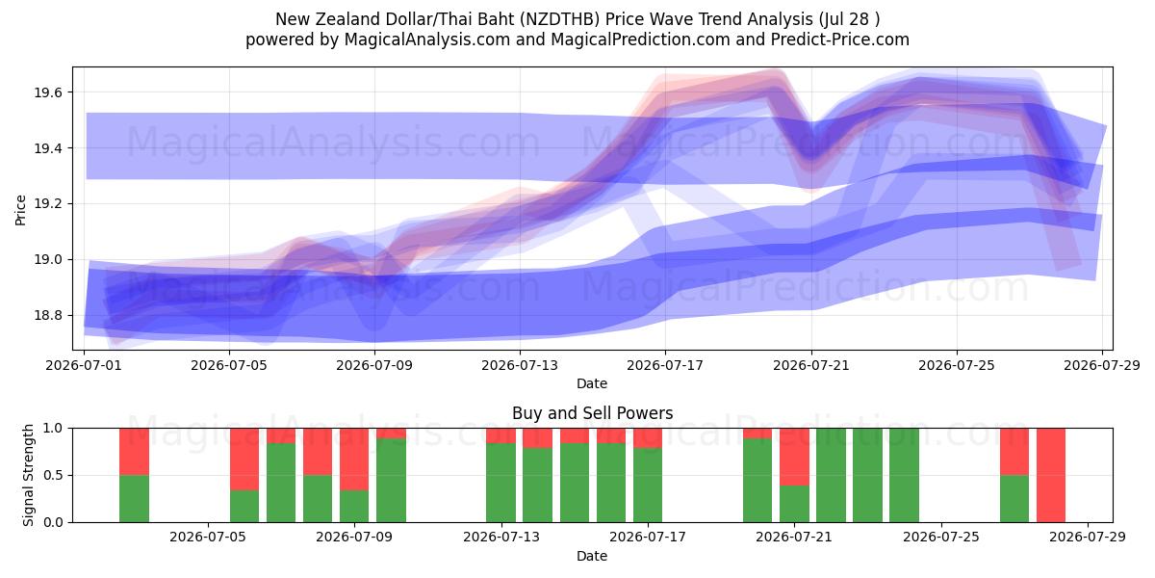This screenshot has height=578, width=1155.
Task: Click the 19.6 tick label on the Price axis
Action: [47, 92]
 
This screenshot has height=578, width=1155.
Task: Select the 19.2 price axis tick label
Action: [47, 204]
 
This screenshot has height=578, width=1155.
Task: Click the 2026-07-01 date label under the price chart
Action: [84, 365]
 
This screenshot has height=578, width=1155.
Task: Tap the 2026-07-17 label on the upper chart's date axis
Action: [665, 365]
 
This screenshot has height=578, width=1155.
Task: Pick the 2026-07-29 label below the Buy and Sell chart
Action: [1088, 537]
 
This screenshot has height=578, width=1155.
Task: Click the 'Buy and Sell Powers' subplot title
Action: [593, 413]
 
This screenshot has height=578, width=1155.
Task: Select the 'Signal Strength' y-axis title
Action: [28, 475]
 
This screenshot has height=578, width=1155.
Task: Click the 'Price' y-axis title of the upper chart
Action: [20, 210]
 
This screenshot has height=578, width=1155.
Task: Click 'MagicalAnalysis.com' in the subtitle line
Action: [427, 39]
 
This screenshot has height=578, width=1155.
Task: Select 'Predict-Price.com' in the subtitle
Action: [840, 39]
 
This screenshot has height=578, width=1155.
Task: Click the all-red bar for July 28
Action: [1051, 475]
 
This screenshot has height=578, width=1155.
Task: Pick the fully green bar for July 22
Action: [831, 475]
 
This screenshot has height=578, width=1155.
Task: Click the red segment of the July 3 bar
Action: [134, 452]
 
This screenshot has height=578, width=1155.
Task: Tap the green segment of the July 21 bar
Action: [794, 504]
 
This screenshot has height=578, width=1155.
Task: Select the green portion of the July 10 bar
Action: [391, 480]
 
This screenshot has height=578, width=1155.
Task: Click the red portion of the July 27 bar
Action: [1014, 452]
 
